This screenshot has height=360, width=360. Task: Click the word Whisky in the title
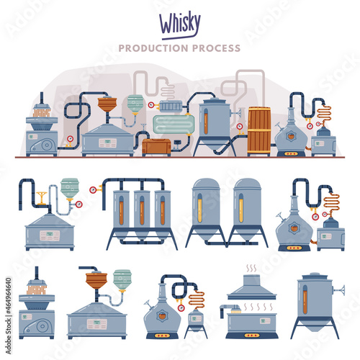coord(180,24)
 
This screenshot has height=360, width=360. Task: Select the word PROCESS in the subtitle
coord(216,48)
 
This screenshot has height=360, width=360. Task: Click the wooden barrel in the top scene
coord(259,131)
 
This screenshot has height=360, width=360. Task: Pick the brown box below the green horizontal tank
coord(156,146)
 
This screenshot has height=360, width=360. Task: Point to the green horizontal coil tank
coord(174,125)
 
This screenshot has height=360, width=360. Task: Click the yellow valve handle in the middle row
coord(42,197)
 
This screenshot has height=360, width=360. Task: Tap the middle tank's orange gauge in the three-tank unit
coord(142,210)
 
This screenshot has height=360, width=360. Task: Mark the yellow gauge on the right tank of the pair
coord(240,208)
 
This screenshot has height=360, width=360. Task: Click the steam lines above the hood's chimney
coord(251,269)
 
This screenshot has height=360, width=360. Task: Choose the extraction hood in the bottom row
coord(251,287)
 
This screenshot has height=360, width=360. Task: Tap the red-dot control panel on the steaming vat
coord(251,336)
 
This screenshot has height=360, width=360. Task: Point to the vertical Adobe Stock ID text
coord(9,316)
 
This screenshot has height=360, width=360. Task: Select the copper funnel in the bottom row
coord(96,281)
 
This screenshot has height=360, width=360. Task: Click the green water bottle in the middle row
coord(70,189)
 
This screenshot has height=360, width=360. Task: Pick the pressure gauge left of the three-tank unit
coord(93,190)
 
